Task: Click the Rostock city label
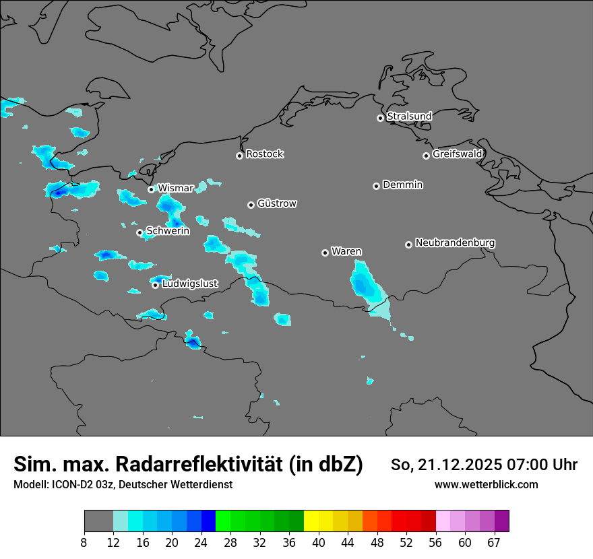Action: point(264,154)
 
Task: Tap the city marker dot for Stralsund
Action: point(380,118)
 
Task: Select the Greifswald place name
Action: point(457,154)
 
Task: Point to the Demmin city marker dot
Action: point(376,186)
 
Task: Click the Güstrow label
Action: point(276,203)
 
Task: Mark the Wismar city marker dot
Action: point(151,189)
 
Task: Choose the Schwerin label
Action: point(168,231)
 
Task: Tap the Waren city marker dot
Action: point(325,253)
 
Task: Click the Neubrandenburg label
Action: point(455,243)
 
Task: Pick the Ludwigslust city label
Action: point(190,284)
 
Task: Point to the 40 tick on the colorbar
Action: point(319,542)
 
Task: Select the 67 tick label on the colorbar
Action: point(494,542)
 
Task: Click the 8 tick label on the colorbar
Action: point(84,542)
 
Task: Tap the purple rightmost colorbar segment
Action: point(501,521)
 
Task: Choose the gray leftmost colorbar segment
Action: point(98,521)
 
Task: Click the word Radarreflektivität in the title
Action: point(239,464)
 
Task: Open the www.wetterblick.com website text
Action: point(486,485)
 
